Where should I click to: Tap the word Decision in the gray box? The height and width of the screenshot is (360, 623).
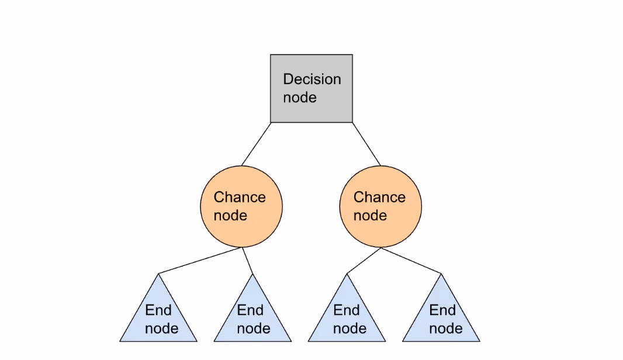click(311, 79)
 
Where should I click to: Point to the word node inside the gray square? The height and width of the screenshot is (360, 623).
click(299, 98)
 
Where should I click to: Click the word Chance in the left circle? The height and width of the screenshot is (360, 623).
click(240, 197)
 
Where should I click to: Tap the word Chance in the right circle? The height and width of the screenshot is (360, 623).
click(379, 197)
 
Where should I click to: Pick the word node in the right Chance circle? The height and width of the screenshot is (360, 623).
click(370, 216)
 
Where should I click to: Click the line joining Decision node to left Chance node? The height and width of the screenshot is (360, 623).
click(256, 144)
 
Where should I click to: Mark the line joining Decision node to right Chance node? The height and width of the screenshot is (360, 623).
click(366, 144)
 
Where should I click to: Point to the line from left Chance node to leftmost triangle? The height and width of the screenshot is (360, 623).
click(199, 260)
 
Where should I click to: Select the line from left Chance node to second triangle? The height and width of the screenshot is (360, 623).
click(247, 260)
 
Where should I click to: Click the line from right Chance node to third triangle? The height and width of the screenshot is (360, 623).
click(364, 260)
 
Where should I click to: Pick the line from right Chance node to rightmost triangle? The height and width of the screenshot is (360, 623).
click(411, 260)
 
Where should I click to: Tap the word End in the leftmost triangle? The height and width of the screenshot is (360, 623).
click(158, 310)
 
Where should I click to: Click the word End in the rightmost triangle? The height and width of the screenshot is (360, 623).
click(442, 310)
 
